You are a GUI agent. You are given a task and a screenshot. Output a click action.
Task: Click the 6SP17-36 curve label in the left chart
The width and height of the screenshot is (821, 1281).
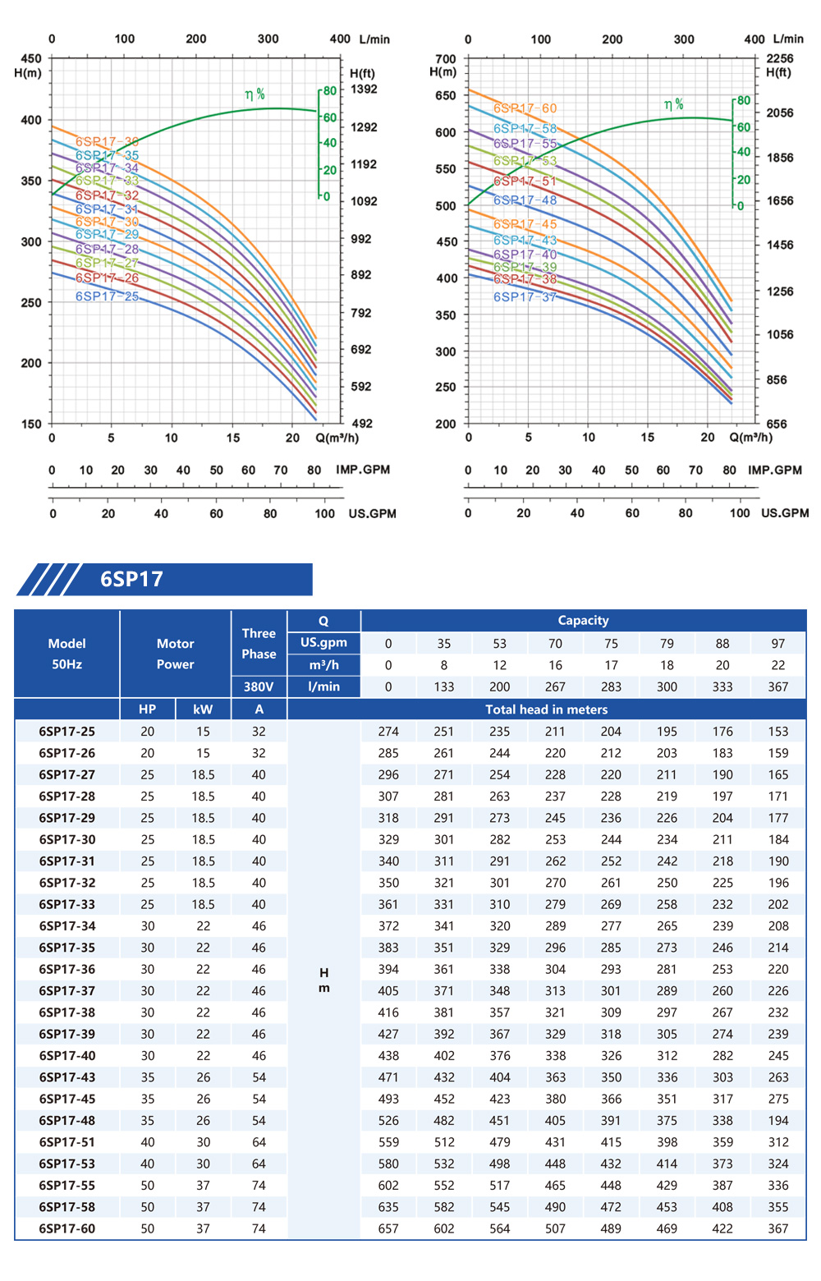107,142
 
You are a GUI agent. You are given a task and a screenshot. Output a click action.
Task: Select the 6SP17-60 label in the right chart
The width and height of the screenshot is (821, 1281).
525,108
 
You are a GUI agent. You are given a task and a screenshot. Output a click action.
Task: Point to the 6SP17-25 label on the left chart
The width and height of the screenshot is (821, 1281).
107,296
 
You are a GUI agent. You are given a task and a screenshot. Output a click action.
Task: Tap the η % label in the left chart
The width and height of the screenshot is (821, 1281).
255,94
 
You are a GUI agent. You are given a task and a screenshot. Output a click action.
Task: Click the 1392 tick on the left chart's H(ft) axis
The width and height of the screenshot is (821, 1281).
364,90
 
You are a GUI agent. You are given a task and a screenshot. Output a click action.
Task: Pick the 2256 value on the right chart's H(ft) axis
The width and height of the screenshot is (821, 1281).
779,59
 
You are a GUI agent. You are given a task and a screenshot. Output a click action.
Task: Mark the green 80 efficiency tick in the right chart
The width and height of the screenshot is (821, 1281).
743,101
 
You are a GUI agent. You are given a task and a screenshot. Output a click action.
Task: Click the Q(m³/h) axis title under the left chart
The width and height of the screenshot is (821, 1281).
337,438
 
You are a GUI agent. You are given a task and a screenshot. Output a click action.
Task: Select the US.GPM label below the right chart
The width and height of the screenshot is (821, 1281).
784,513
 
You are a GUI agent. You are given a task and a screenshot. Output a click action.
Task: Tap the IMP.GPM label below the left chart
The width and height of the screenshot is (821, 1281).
362,470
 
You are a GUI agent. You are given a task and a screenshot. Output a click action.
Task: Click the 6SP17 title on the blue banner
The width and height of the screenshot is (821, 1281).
131,580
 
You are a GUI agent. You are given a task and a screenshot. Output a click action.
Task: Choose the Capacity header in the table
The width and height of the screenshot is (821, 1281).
583,621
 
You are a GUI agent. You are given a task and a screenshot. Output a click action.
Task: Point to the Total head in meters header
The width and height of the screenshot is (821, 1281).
546,709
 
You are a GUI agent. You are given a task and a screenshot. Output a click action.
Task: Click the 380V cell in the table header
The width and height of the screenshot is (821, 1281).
259,686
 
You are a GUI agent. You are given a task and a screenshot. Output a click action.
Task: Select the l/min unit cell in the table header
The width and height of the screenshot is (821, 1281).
323,686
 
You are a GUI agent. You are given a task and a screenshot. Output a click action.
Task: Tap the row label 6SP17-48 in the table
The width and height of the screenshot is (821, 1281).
67,1121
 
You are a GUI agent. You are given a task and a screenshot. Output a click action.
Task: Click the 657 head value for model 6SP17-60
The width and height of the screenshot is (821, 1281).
388,1229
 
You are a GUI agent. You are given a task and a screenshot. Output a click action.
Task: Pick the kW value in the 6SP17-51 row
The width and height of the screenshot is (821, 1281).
203,1142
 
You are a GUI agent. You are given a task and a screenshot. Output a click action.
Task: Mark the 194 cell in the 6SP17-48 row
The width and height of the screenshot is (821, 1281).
778,1121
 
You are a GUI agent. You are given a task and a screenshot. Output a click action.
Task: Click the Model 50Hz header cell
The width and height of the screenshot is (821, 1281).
67,654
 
